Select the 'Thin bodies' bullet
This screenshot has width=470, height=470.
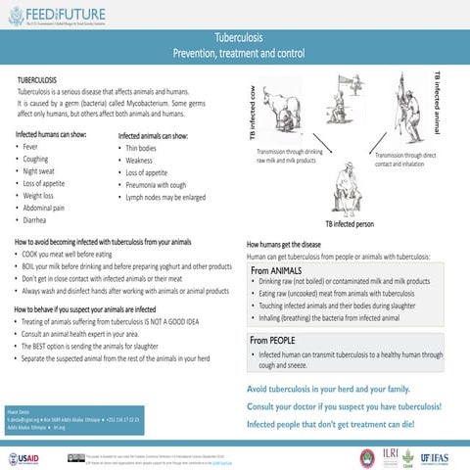(140, 148)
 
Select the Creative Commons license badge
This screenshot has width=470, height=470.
(74, 457)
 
